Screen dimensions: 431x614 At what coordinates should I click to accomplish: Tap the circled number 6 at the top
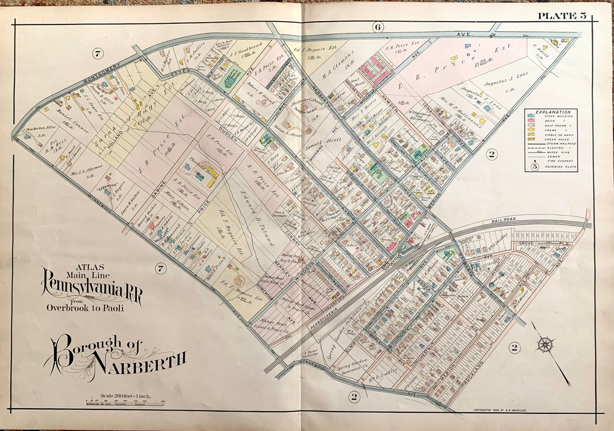click(x=377, y=27)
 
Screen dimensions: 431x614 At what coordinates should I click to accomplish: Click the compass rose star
click(x=545, y=343)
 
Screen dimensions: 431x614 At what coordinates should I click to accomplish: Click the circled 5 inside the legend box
click(x=534, y=167)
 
